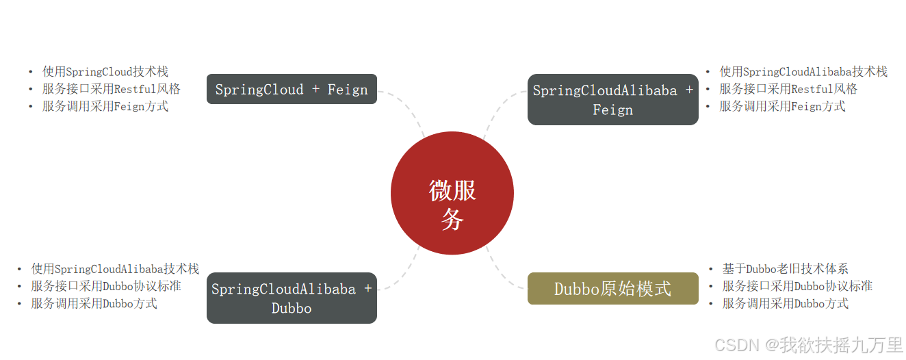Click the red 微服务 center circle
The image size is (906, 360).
click(452, 193)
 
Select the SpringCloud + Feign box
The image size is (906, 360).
click(292, 89)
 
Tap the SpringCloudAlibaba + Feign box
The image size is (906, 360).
click(612, 99)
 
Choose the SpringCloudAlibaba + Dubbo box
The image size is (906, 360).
click(292, 298)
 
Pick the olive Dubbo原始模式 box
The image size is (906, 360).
click(612, 288)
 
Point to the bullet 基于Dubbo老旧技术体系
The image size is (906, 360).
click(785, 269)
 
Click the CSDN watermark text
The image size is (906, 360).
click(808, 344)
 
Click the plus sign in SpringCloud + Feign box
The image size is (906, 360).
click(315, 89)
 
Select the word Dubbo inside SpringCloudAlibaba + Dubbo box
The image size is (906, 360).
click(292, 308)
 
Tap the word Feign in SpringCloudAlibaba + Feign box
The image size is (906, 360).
click(612, 110)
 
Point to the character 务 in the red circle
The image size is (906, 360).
click(452, 219)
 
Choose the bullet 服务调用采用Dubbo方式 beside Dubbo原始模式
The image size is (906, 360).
click(785, 303)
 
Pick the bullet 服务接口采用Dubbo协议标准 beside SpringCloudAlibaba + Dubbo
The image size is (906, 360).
click(105, 286)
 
